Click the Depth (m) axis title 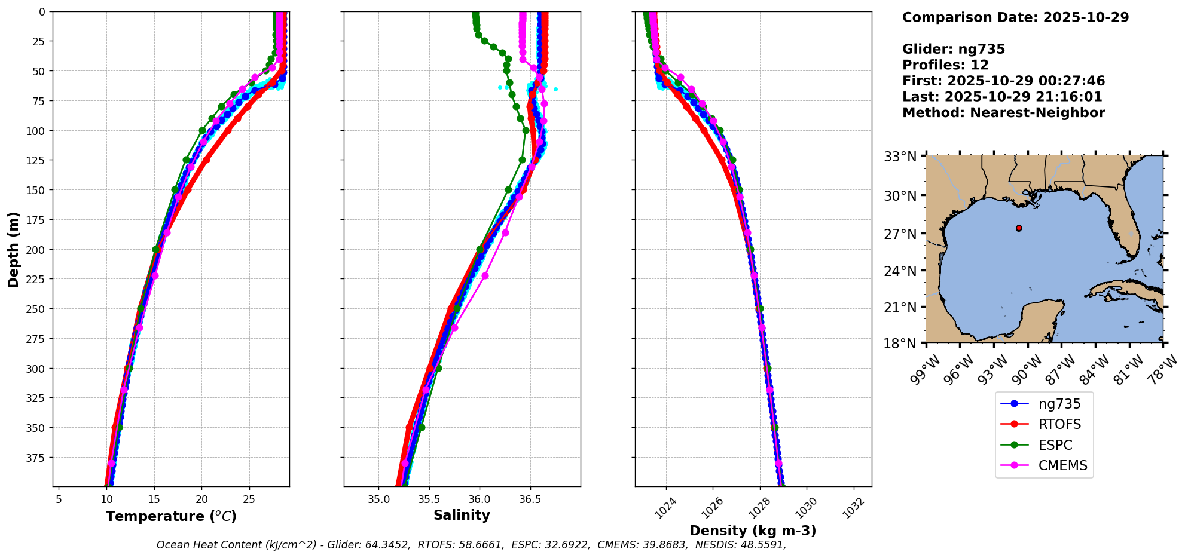click(13, 249)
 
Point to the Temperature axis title click(171, 516)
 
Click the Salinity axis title click(462, 515)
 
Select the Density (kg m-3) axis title click(753, 531)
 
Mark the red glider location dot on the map click(1019, 228)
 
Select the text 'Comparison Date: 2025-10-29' click(1015, 17)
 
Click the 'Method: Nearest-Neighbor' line click(1003, 113)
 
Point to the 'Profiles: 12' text click(945, 65)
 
